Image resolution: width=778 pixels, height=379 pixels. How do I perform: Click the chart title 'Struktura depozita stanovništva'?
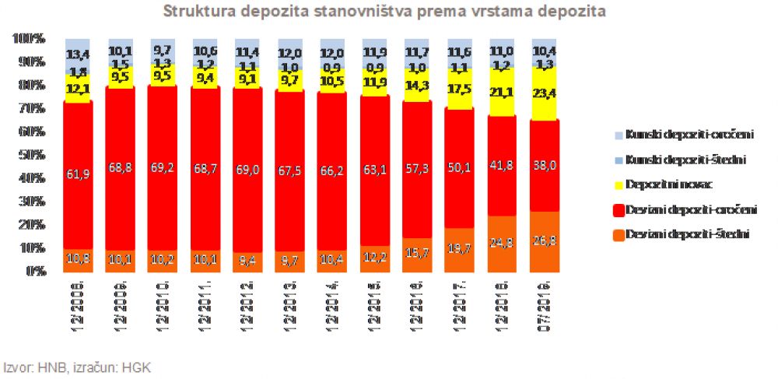(384, 12)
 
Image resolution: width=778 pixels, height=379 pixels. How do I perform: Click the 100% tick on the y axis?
(30, 38)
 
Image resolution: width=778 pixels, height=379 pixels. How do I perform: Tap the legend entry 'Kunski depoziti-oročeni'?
(685, 135)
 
